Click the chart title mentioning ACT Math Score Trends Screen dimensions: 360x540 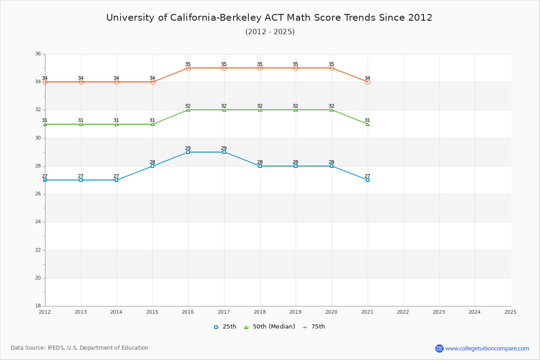tap(269, 18)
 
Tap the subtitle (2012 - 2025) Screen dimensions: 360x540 tap(270, 31)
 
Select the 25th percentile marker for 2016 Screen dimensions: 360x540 tap(188, 152)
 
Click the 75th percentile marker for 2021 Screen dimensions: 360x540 tap(368, 82)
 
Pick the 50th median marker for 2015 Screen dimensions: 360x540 tap(153, 124)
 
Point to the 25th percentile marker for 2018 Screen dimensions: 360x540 tap(260, 166)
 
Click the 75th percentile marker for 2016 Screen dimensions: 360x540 tap(188, 68)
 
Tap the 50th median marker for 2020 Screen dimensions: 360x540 tap(332, 110)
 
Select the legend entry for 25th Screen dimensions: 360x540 tap(225, 327)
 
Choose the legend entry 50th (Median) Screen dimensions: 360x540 tap(269, 327)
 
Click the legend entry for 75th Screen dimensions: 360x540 tap(313, 327)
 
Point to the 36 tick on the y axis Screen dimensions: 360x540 tap(38, 54)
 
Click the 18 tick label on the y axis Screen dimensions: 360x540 tap(38, 306)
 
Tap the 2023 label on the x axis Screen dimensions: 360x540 tap(439, 312)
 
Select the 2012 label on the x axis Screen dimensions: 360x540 tap(45, 312)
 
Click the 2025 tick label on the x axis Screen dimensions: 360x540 tap(510, 312)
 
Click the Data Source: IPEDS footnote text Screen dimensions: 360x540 tap(80, 348)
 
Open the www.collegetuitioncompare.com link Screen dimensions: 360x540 tap(487, 348)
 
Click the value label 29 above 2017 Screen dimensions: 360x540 tap(224, 148)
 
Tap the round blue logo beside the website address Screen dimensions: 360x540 tap(439, 348)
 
